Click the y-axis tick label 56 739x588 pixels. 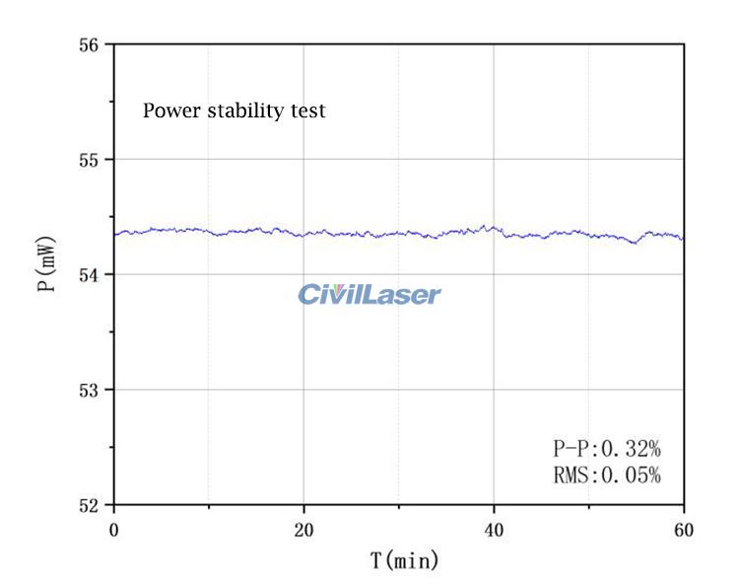[x=90, y=44]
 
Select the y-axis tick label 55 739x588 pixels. [x=90, y=159]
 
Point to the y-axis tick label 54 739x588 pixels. [x=90, y=274]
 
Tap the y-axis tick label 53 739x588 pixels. [x=90, y=390]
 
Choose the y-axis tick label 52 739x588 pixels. [x=90, y=504]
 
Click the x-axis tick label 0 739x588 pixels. [x=113, y=530]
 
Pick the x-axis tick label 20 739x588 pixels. [x=303, y=530]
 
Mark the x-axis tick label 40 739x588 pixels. [x=494, y=530]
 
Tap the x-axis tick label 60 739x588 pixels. [x=684, y=530]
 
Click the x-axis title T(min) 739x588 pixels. [x=404, y=561]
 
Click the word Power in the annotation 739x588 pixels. [x=170, y=110]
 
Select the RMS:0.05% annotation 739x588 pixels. [x=606, y=476]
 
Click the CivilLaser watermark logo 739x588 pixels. [x=369, y=294]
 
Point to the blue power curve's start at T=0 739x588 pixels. [x=115, y=234]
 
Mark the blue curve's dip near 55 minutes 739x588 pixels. [x=635, y=243]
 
